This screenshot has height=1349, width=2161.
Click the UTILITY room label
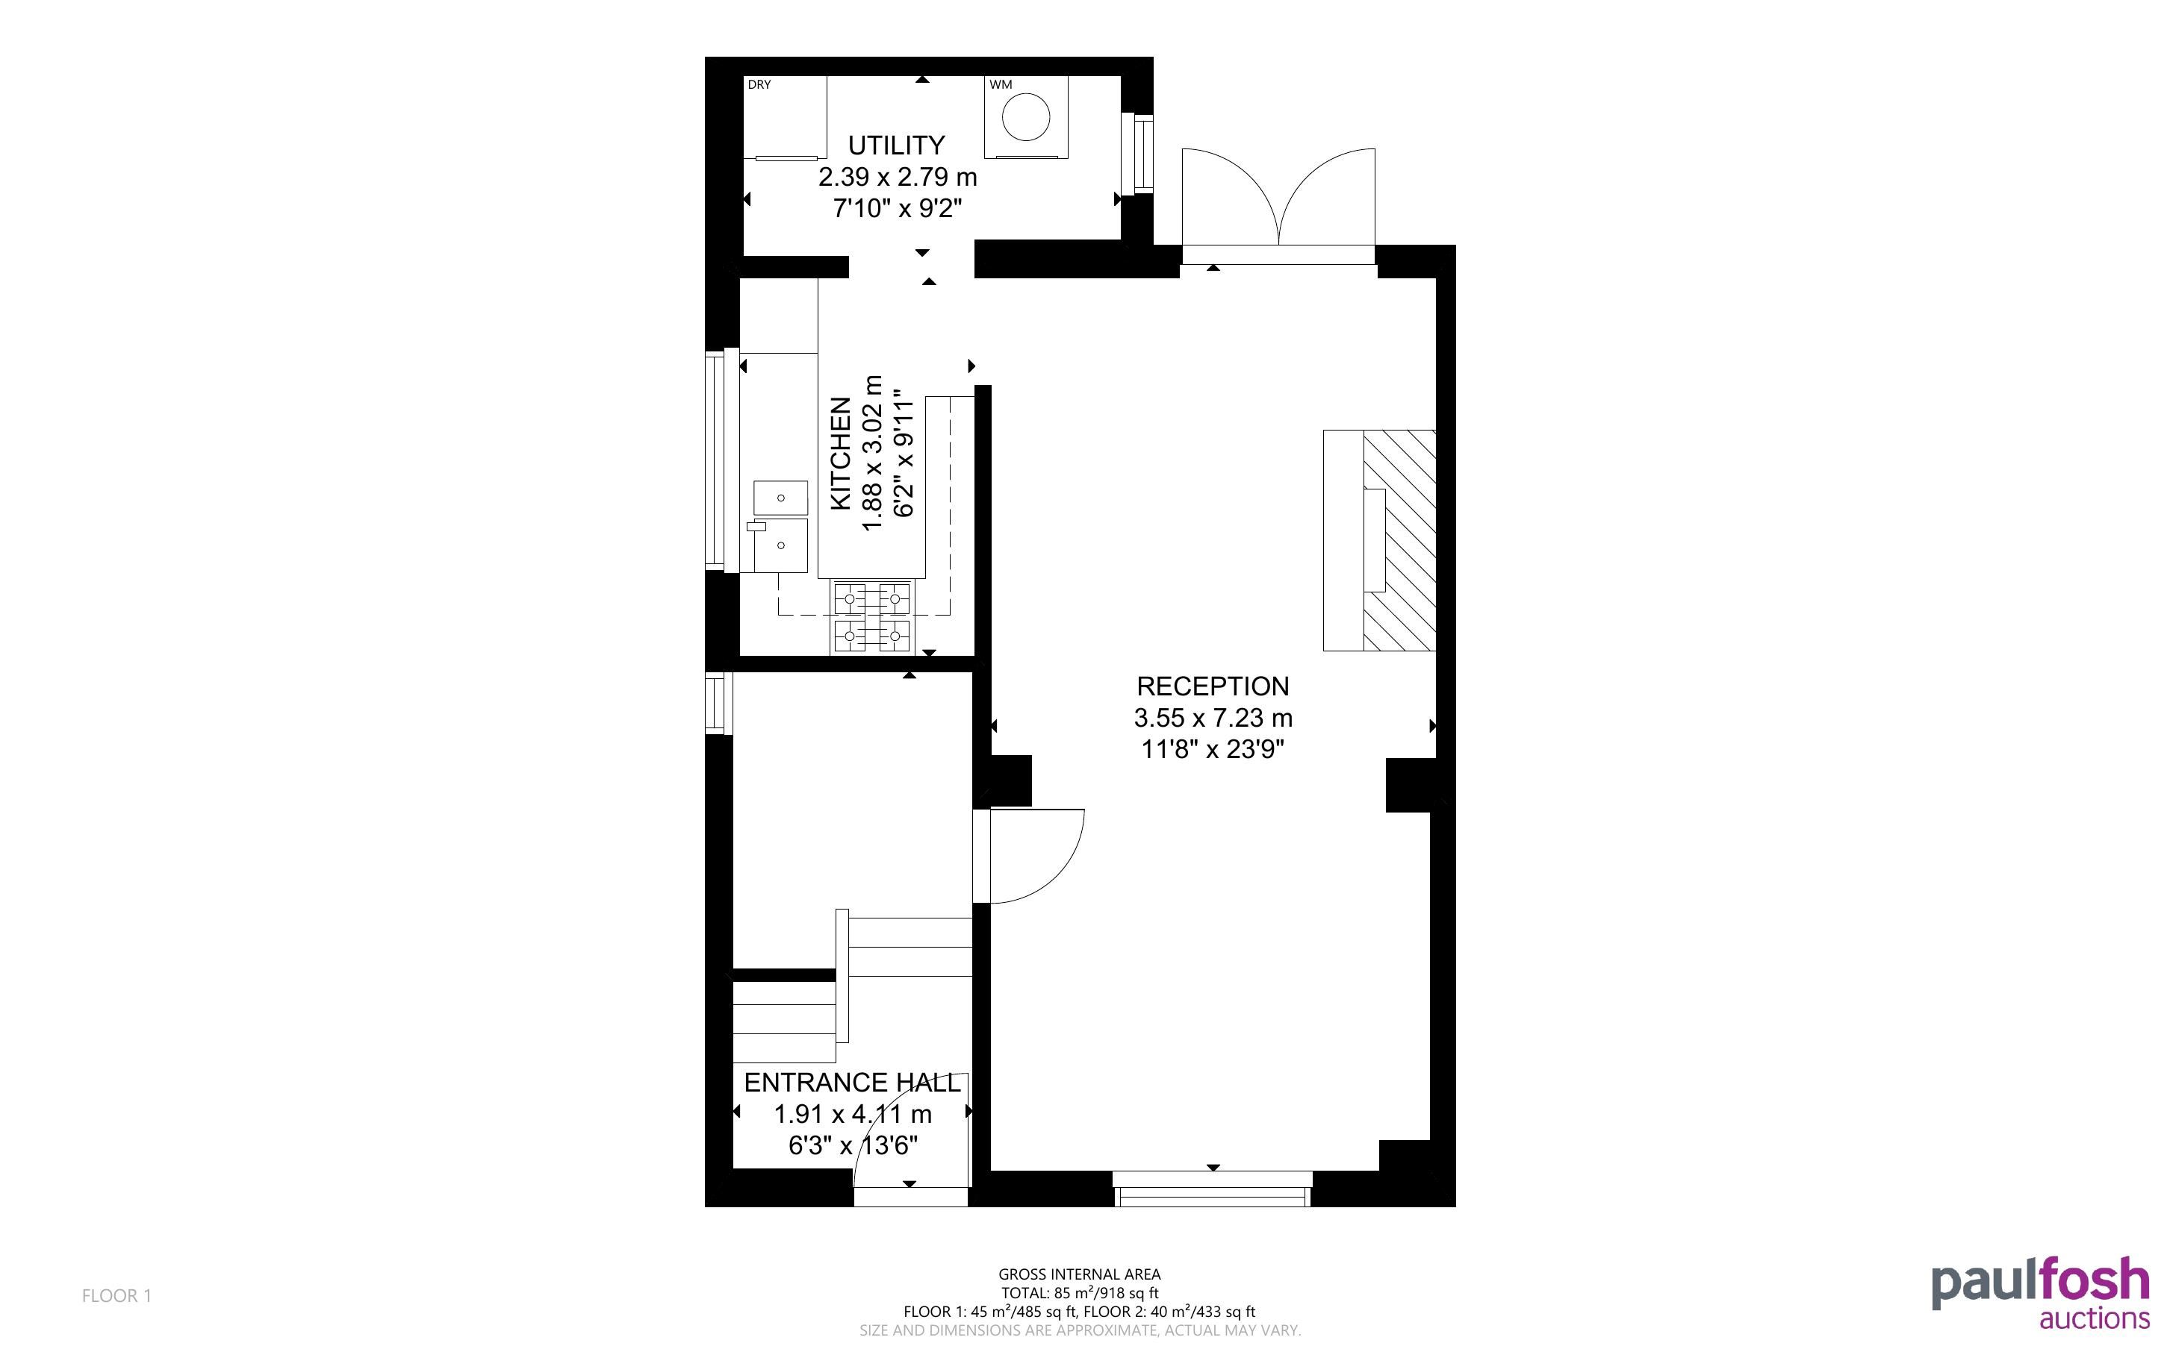click(x=896, y=145)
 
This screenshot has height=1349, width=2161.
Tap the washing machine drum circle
click(x=1025, y=117)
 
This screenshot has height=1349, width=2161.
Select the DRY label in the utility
click(x=759, y=85)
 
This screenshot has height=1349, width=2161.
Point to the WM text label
click(x=1001, y=85)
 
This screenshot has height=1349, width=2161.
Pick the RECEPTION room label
click(x=1212, y=686)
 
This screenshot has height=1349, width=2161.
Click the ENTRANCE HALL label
click(x=853, y=1082)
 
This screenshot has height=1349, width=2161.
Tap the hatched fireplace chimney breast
click(x=1399, y=539)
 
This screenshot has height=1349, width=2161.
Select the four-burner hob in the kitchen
click(x=872, y=617)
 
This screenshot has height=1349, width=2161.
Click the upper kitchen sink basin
click(x=781, y=497)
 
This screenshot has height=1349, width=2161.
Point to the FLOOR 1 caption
click(x=117, y=1295)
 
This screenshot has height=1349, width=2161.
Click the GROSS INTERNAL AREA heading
click(x=1079, y=1274)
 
